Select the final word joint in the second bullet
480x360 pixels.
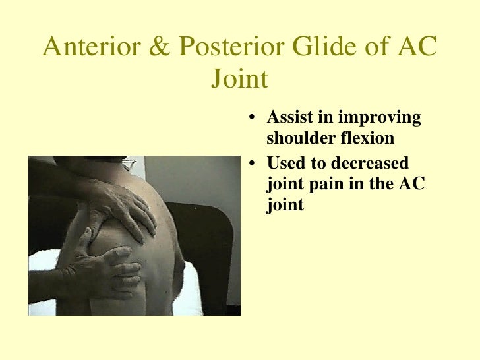point(284,206)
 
